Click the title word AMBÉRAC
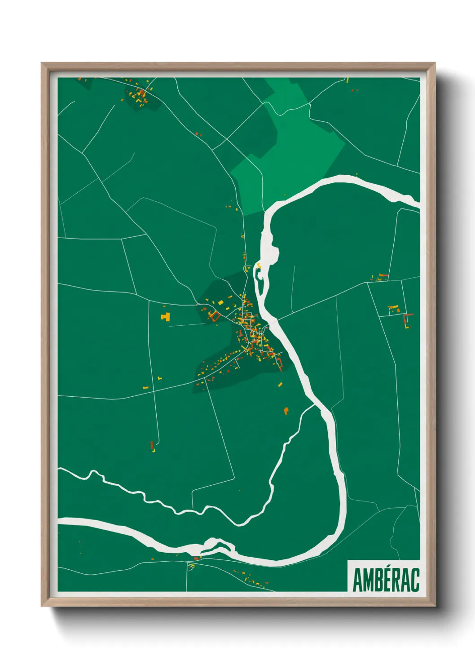[x=386, y=581]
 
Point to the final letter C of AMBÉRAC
[x=415, y=581]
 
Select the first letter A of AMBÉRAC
[x=357, y=581]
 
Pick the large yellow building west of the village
[x=165, y=316]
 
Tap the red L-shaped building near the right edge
[x=408, y=320]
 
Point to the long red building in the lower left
[x=152, y=445]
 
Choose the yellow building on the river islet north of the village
[x=259, y=266]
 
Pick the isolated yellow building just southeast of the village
[x=286, y=410]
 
